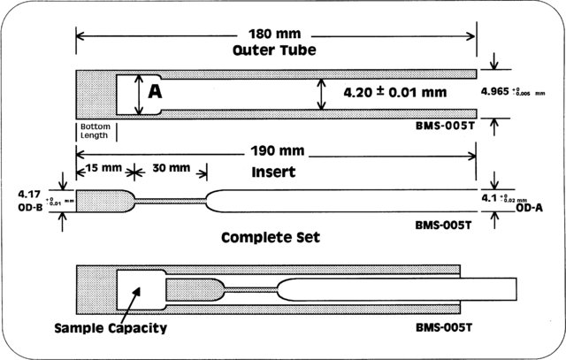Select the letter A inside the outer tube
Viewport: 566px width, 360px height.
pyautogui.click(x=155, y=91)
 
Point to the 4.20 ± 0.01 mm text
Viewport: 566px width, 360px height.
pyautogui.click(x=386, y=91)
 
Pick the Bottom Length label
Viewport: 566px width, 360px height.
pyautogui.click(x=95, y=132)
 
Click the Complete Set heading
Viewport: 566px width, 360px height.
pyautogui.click(x=272, y=238)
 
